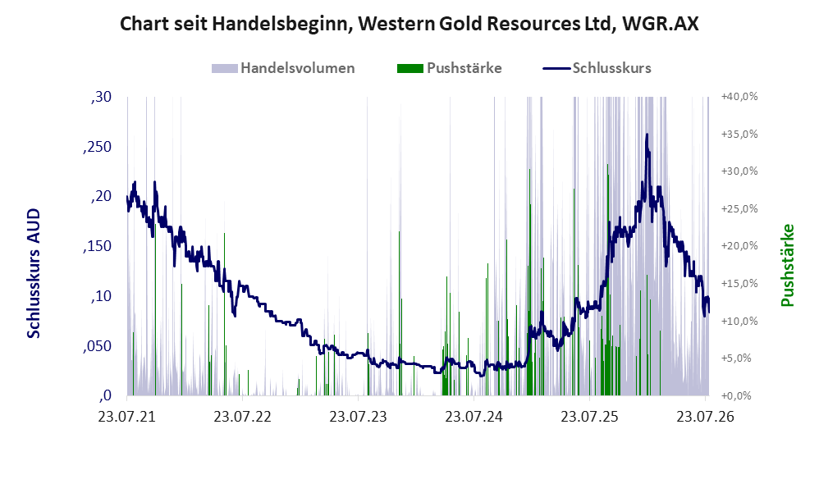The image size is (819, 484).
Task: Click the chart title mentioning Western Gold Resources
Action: [409, 24]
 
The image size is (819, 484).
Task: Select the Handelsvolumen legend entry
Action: [283, 68]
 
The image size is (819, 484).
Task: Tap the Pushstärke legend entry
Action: [449, 68]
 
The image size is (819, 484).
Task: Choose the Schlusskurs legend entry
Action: [597, 68]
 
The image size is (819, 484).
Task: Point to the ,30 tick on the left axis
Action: [101, 97]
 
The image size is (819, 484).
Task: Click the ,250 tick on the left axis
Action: [97, 147]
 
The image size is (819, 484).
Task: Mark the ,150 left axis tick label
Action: [97, 246]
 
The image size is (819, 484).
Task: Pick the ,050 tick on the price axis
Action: [97, 346]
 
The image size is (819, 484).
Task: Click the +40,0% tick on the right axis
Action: [739, 97]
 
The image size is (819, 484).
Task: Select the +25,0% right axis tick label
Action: [739, 209]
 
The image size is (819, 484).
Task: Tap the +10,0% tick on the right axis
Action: [739, 321]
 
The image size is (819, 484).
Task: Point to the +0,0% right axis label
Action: [737, 395]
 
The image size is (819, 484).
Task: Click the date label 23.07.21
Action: [127, 417]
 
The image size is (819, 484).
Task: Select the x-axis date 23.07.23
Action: [359, 417]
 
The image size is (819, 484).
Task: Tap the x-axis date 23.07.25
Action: [590, 417]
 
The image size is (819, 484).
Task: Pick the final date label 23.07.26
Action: [706, 417]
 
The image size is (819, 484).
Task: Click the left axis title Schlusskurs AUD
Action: [34, 273]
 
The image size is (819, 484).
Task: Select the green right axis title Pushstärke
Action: [787, 265]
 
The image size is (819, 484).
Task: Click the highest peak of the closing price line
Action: [647, 135]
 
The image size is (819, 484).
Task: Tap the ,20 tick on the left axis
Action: [101, 196]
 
